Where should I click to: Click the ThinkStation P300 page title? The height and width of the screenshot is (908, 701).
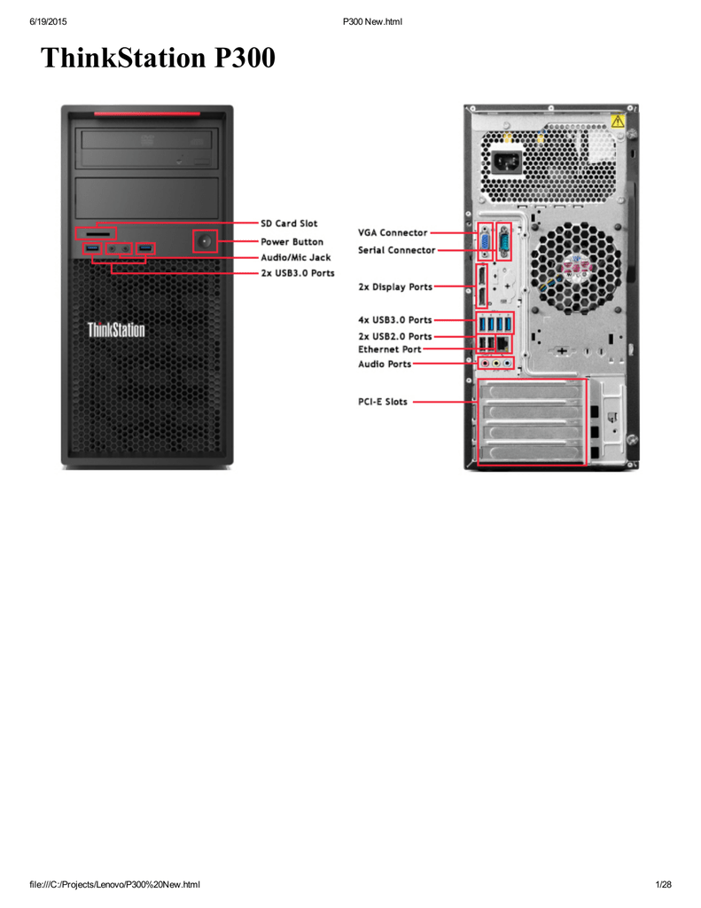point(158,58)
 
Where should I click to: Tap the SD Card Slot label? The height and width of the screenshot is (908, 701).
point(289,223)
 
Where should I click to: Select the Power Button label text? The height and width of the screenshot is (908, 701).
point(292,242)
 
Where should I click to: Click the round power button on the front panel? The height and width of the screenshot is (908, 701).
point(205,241)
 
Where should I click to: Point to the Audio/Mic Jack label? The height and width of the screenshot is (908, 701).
point(296,258)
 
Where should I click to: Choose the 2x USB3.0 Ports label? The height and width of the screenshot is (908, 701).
point(298,273)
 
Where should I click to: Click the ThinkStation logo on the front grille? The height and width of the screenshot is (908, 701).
point(116,330)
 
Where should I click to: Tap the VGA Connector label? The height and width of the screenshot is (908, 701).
point(393,233)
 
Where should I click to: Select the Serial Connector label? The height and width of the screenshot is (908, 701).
point(396,250)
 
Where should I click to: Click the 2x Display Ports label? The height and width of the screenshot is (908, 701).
point(395,286)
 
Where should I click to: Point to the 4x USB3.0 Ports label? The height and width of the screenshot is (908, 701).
point(394,319)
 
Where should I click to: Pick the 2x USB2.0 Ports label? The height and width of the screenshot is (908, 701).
point(394,336)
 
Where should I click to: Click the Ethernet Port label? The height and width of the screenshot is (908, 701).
point(390,349)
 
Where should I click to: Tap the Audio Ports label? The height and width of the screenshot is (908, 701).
point(385,364)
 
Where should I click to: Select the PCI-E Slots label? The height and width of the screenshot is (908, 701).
point(383,402)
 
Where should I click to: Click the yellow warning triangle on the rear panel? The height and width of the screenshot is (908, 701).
point(618,121)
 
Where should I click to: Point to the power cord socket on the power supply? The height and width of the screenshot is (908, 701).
point(507,162)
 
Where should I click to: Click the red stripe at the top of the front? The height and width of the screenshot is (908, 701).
point(147,113)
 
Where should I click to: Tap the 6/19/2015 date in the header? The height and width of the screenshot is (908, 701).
point(48,22)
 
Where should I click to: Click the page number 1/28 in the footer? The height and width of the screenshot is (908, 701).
point(664,884)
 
